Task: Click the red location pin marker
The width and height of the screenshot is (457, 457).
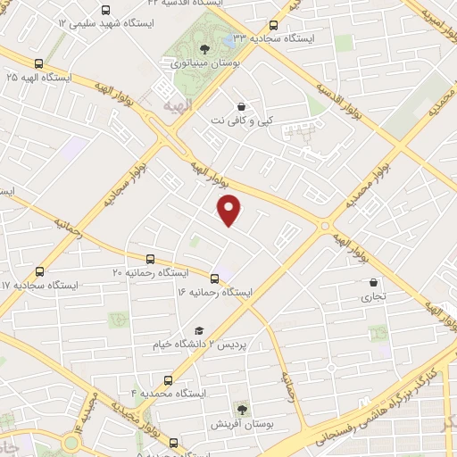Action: (x=230, y=209)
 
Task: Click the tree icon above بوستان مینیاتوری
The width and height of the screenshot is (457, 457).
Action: (x=204, y=49)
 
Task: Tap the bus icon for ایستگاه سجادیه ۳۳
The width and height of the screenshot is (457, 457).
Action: (x=273, y=25)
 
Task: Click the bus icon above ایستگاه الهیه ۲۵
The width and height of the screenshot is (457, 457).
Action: (x=38, y=63)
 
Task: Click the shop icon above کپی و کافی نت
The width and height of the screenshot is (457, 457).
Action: (x=241, y=105)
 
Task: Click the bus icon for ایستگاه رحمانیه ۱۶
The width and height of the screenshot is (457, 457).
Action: (x=214, y=278)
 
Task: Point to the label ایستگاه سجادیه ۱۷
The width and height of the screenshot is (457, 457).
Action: (x=39, y=285)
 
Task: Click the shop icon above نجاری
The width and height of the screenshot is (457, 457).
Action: (x=373, y=282)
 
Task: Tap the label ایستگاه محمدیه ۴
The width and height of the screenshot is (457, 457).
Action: (x=169, y=393)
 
